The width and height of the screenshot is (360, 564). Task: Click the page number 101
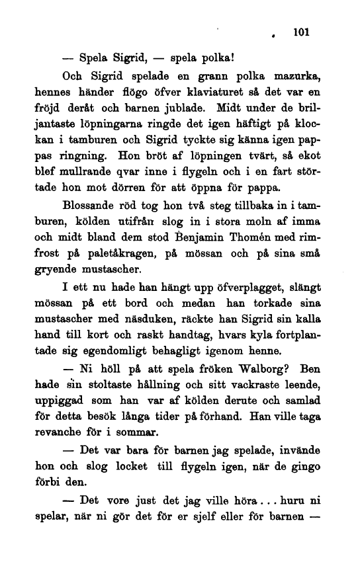[x=301, y=31]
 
